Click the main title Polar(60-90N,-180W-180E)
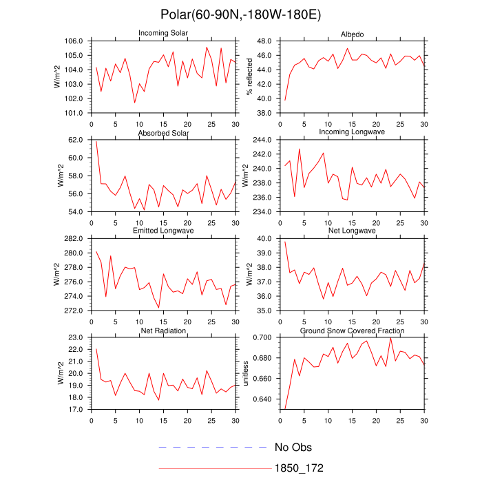tap(241, 14)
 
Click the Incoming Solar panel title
tap(163, 33)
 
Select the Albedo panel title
tap(352, 34)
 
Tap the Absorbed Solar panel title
tap(163, 132)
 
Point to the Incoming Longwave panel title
tap(352, 132)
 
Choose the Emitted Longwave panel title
tap(163, 231)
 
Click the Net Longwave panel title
tap(352, 231)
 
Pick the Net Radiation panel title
tap(163, 331)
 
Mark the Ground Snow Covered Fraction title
tap(352, 331)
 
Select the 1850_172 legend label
tap(299, 468)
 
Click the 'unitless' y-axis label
tap(247, 373)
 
